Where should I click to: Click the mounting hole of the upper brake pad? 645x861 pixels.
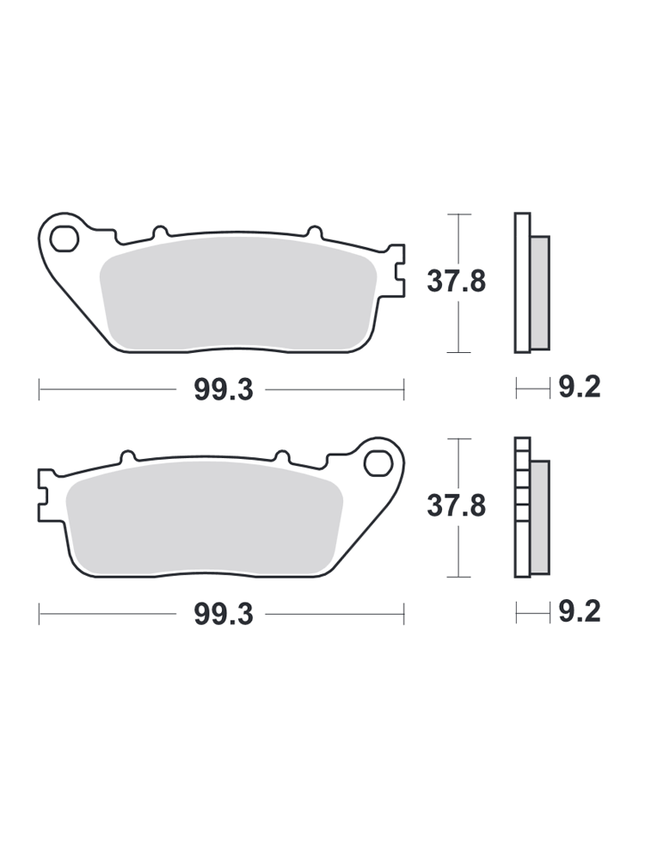[64, 238]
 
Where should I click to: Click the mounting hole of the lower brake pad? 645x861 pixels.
[378, 463]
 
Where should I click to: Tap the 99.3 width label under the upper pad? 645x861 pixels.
[224, 390]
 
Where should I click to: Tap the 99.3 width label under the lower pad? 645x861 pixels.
[224, 615]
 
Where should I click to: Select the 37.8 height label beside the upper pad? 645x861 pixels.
[457, 282]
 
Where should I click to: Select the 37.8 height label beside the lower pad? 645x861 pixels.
[457, 505]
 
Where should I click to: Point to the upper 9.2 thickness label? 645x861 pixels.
[579, 387]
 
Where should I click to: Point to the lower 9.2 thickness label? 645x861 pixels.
[579, 611]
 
